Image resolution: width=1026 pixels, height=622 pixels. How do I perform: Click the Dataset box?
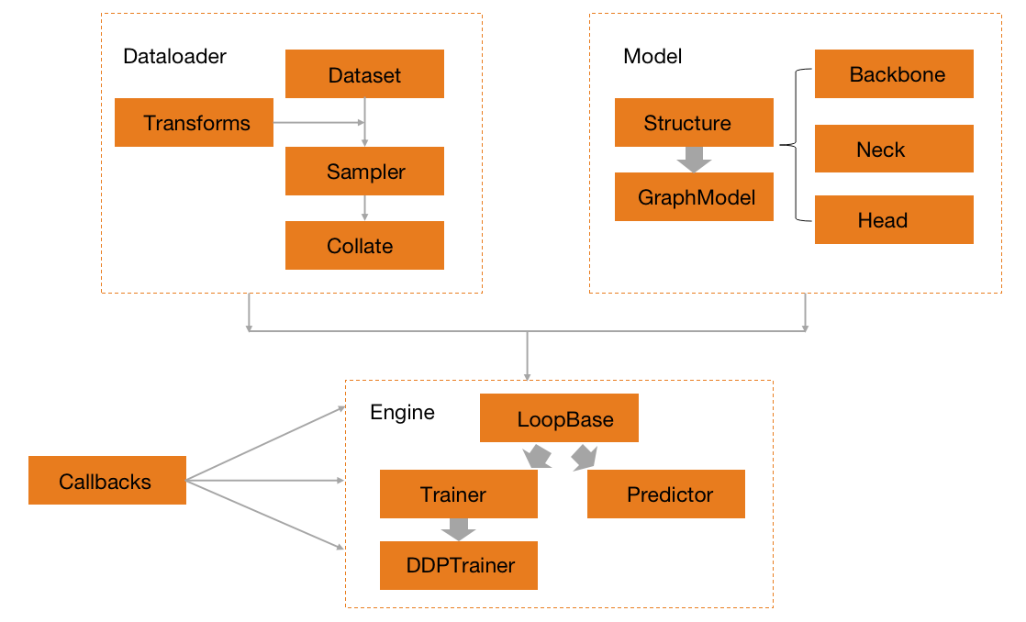[364, 74]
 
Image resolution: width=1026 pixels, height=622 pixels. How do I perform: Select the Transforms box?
[194, 123]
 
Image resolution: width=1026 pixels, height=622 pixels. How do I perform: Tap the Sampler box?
[364, 172]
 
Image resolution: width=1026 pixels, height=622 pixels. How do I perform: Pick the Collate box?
[364, 246]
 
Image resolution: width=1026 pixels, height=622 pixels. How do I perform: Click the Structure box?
[694, 123]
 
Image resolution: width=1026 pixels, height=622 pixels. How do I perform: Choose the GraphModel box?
[694, 197]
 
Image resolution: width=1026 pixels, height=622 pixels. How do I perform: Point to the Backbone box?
[894, 74]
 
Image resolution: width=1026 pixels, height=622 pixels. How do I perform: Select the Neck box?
[894, 149]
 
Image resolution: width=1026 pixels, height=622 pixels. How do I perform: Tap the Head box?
[894, 220]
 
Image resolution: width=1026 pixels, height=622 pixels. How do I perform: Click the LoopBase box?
[559, 420]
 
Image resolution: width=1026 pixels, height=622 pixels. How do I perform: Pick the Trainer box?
[458, 494]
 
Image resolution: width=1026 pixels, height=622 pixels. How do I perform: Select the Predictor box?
[665, 494]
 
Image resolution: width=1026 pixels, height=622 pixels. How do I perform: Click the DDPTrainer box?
[458, 565]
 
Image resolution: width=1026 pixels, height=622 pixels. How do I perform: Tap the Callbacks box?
[107, 481]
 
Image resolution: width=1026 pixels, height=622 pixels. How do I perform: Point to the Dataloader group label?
[174, 56]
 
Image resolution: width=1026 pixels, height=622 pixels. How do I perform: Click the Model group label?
[652, 56]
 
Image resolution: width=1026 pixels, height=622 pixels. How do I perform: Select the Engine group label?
[402, 412]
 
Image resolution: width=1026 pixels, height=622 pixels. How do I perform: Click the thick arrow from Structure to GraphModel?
[694, 160]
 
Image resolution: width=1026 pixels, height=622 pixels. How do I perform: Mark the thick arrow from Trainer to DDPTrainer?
[458, 529]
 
